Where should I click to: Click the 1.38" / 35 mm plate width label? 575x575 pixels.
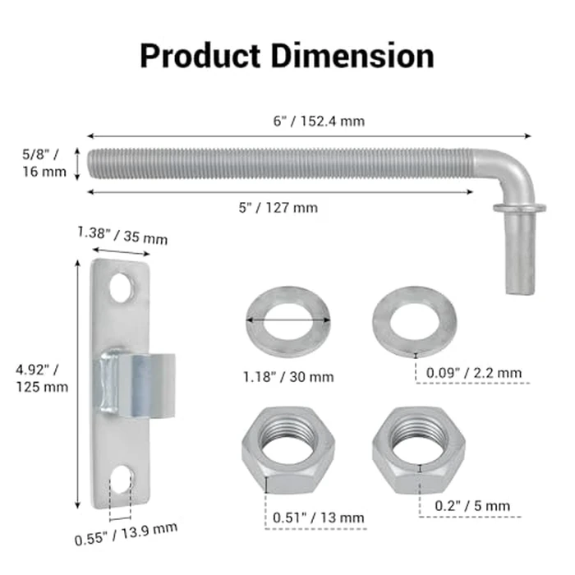click(x=122, y=236)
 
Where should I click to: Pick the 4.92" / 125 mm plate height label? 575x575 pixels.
click(x=42, y=379)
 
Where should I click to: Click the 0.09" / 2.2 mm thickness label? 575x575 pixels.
click(x=474, y=373)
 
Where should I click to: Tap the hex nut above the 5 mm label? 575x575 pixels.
click(x=419, y=448)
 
